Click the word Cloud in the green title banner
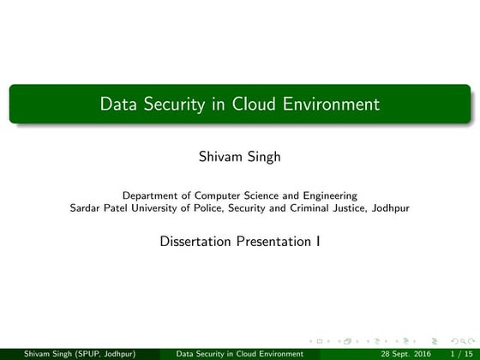point(250,105)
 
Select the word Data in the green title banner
point(117,105)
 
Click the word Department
point(151,195)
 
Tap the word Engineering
point(329,195)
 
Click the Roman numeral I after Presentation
point(318,241)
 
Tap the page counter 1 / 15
point(460,352)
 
